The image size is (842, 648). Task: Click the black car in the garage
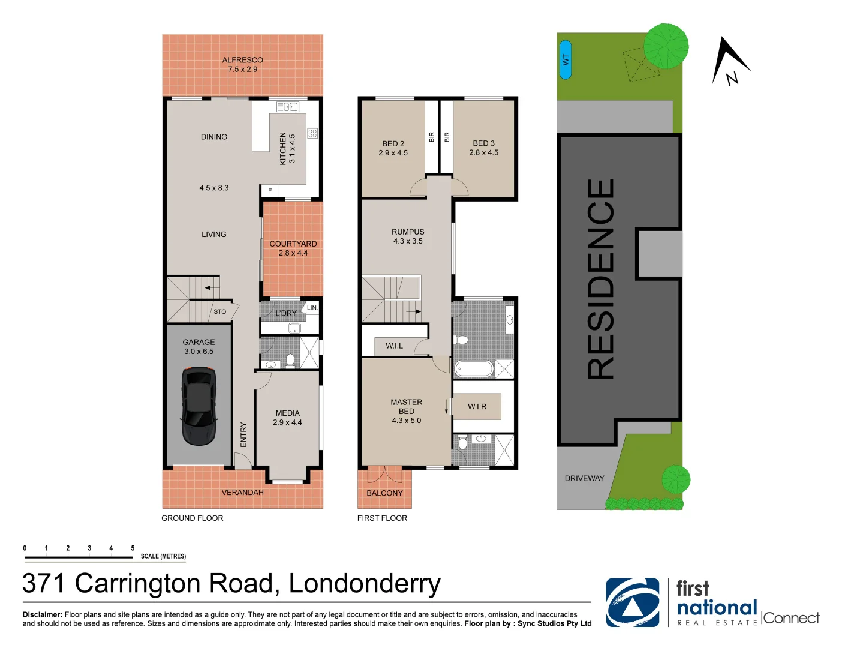point(199,406)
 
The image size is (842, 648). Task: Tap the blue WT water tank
point(566,60)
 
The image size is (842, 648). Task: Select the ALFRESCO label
point(242,60)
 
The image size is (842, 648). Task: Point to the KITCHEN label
point(283,148)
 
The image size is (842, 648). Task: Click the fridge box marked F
point(270,191)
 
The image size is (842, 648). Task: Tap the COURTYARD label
point(293,244)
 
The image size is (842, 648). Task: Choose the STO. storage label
point(221,311)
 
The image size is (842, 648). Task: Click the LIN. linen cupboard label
point(312,308)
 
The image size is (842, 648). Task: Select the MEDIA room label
point(287,413)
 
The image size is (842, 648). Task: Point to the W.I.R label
point(477,407)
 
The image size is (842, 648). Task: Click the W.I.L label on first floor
point(395,346)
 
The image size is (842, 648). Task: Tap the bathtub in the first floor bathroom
point(474,369)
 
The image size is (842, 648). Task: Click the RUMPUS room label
point(408,232)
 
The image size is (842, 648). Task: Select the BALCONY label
point(385,493)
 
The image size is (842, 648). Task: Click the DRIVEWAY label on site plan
point(584,478)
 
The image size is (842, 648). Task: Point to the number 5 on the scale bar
point(133,548)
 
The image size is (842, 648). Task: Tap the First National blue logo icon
point(633,602)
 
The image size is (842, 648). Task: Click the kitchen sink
point(287,107)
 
